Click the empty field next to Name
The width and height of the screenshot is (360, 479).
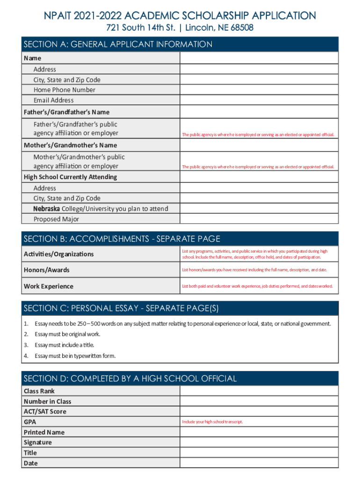click(259, 58)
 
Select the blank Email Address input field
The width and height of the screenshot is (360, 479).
click(259, 100)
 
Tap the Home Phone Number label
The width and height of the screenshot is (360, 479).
click(64, 90)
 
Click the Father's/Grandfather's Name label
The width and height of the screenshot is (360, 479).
click(66, 112)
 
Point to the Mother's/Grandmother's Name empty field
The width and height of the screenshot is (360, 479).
click(259, 145)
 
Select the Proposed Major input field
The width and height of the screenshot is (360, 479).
click(259, 219)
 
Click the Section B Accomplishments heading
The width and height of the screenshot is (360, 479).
click(122, 239)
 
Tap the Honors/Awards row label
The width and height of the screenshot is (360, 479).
click(47, 270)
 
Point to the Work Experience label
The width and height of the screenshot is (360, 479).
click(49, 286)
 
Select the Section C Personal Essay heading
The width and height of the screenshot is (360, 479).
click(121, 308)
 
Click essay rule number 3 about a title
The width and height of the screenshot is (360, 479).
click(64, 345)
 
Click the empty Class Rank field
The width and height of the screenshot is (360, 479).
click(259, 391)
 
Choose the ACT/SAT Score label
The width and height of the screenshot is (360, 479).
click(45, 412)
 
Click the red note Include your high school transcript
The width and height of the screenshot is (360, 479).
click(212, 422)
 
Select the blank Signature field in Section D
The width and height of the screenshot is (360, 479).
click(259, 443)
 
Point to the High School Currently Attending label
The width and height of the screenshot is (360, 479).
click(71, 177)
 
